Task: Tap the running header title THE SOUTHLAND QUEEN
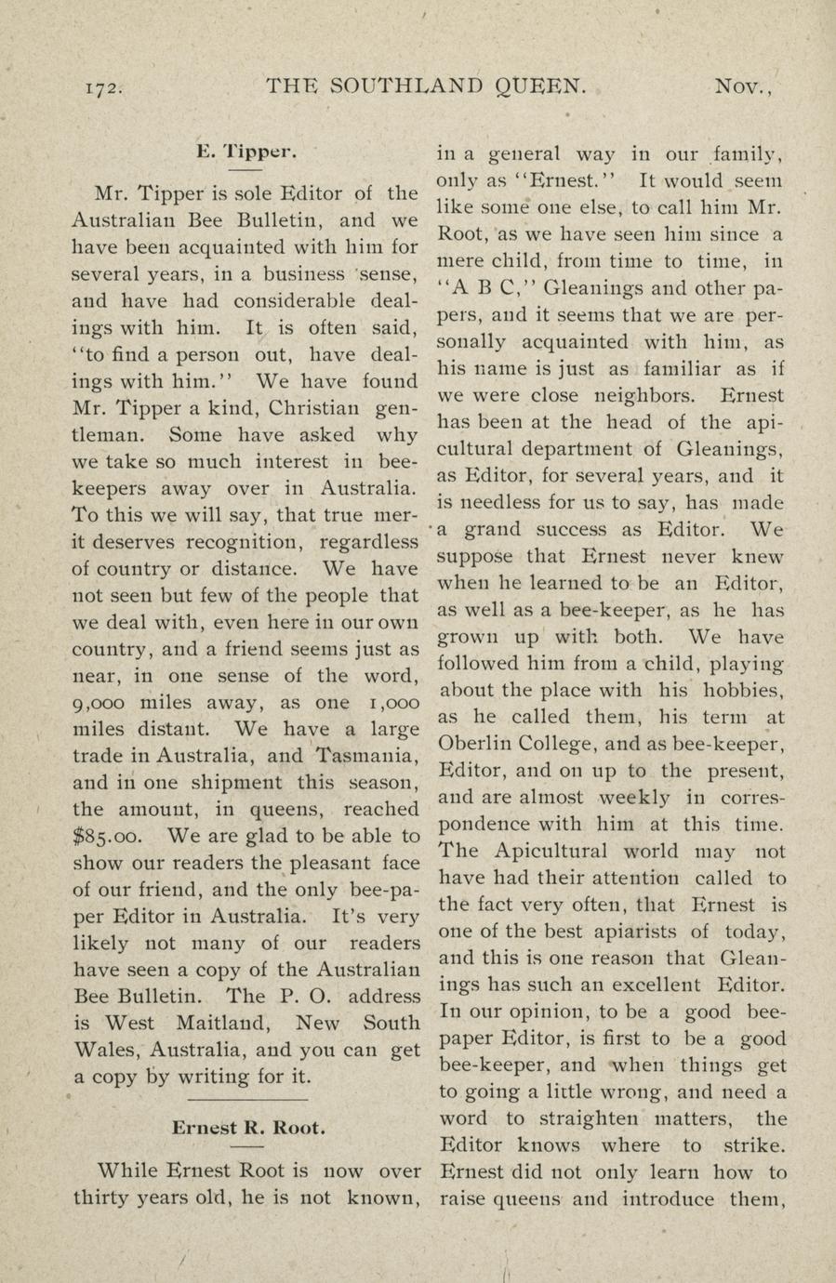(x=427, y=86)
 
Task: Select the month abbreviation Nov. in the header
(x=744, y=87)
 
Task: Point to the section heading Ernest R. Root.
(x=248, y=1129)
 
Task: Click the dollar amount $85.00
(x=106, y=837)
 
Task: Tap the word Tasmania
(x=368, y=757)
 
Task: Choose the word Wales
(x=106, y=1051)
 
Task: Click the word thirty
(x=101, y=1197)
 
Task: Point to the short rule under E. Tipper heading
(x=246, y=171)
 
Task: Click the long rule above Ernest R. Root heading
(x=247, y=1101)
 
